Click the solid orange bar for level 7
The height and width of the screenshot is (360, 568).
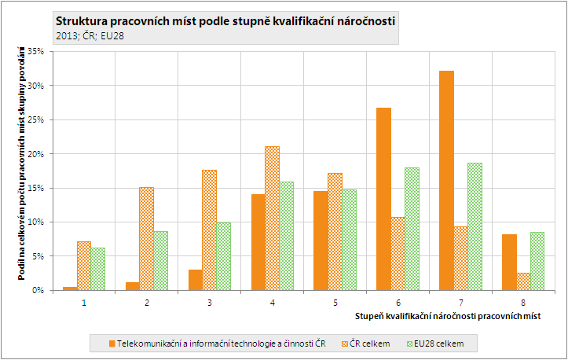click(x=446, y=180)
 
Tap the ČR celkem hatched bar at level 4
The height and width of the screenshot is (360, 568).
click(x=272, y=218)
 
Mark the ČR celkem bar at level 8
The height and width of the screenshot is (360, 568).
click(x=523, y=281)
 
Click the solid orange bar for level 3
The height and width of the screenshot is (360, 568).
click(x=195, y=280)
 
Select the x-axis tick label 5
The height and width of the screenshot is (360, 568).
click(x=335, y=303)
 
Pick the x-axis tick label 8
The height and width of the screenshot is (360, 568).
click(x=523, y=303)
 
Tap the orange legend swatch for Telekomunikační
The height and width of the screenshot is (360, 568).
click(x=112, y=343)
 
